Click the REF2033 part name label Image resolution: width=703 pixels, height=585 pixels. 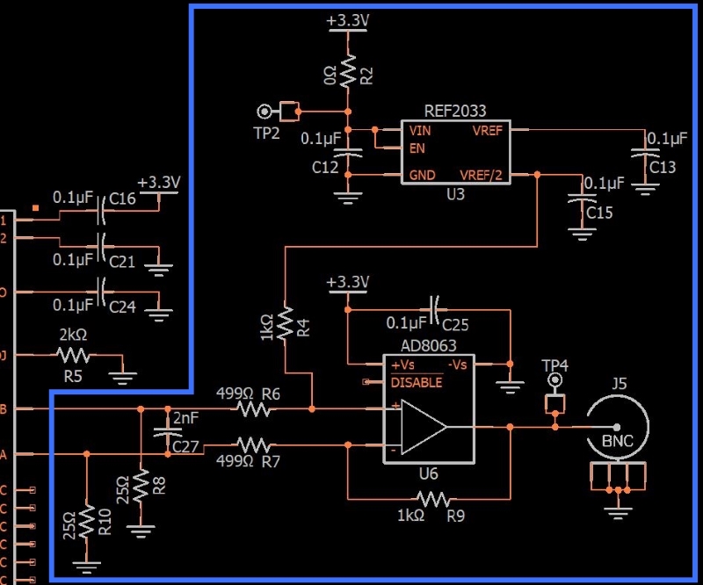click(455, 112)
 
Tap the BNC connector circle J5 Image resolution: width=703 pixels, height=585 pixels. click(618, 427)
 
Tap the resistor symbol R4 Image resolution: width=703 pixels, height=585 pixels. click(286, 323)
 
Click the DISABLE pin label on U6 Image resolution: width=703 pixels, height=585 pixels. click(417, 382)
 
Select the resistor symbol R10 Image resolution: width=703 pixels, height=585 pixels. click(86, 523)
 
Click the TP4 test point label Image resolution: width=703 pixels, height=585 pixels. click(555, 365)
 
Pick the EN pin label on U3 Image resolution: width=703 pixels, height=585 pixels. click(417, 148)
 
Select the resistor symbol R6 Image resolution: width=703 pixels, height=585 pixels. click(253, 408)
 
